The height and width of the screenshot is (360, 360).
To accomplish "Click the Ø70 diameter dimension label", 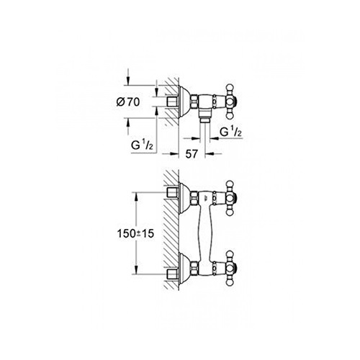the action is pos(128,102).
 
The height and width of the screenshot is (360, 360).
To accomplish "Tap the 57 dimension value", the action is pos(192,153).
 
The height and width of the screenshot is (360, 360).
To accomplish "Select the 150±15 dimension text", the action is pos(135,233).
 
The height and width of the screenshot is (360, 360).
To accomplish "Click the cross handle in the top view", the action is pos(231,102).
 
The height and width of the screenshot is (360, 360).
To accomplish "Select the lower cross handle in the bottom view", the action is pos(231,269).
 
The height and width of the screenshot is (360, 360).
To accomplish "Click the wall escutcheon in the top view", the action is pos(184,102).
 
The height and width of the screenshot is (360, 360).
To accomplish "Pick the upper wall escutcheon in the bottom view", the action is pos(184,198).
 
